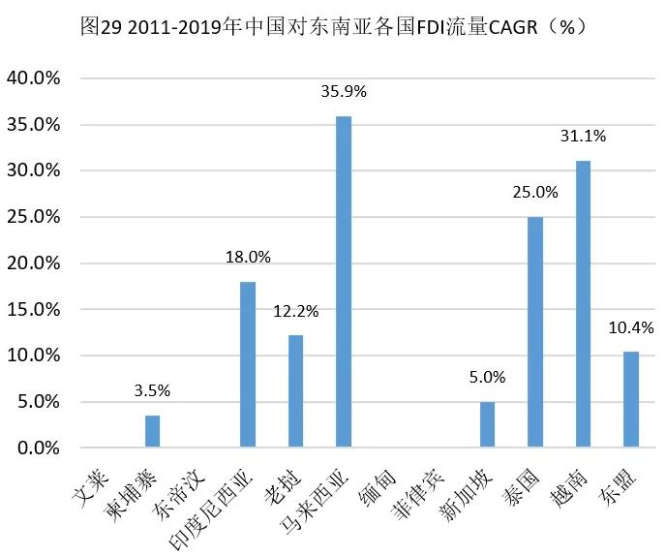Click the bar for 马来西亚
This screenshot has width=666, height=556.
tap(343, 282)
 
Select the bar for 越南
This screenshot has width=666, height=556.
tap(583, 304)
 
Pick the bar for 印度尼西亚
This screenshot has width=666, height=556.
tap(248, 364)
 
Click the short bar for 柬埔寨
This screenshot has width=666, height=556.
tap(152, 432)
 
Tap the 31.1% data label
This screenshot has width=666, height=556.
tap(583, 138)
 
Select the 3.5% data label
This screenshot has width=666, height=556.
tap(152, 391)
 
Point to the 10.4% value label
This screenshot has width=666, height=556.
tap(630, 328)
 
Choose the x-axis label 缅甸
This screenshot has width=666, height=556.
tap(378, 480)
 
